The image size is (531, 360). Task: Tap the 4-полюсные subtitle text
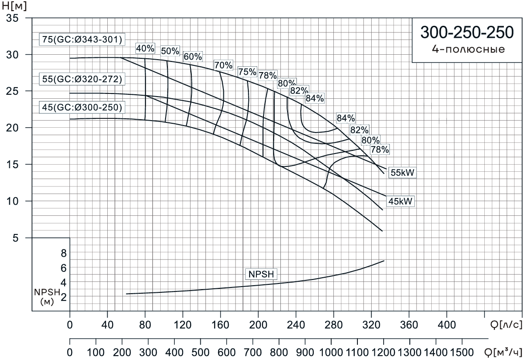[x=467, y=49]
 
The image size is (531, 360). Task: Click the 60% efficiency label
[x=193, y=57]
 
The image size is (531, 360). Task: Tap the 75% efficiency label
[x=247, y=72]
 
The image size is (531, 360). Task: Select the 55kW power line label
[x=402, y=173]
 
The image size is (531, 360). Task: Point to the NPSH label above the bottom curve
[x=258, y=274]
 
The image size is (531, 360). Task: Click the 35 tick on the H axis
[x=13, y=18]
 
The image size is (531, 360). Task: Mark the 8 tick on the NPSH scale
[x=63, y=253]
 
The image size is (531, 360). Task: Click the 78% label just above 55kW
[x=380, y=150]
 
